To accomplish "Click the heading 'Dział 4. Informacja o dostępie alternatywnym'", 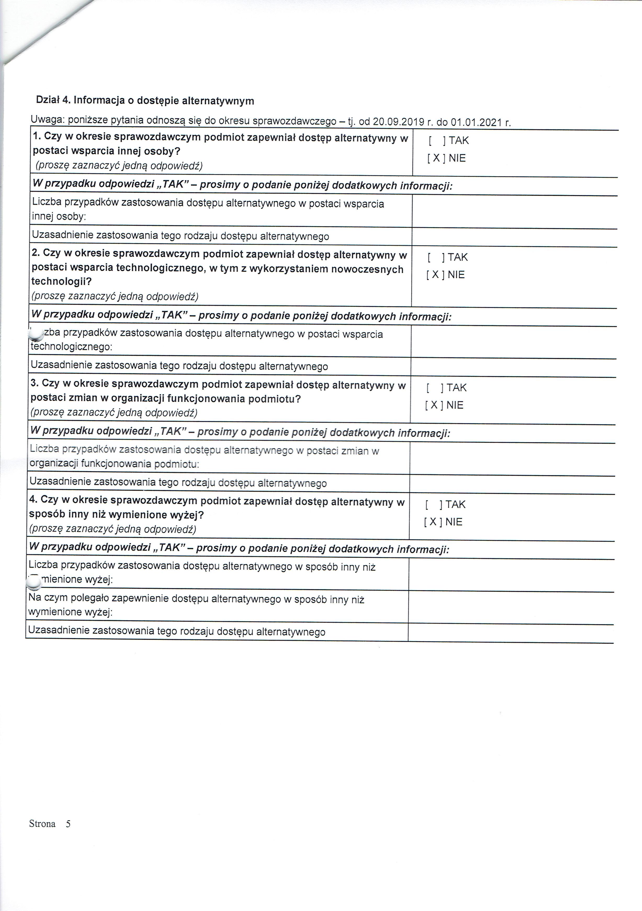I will (145, 100).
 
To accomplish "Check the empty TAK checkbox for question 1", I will (437, 140).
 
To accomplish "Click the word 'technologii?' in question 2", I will (61, 282).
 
